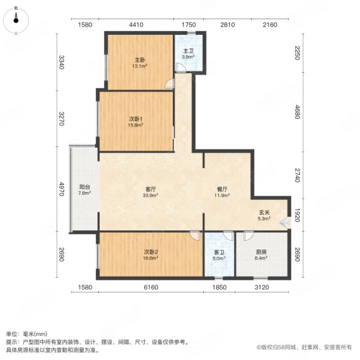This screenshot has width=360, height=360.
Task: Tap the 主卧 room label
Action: [140, 63]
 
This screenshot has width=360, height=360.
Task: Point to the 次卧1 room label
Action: [136, 122]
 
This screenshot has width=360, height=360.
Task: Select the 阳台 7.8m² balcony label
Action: [85, 190]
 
